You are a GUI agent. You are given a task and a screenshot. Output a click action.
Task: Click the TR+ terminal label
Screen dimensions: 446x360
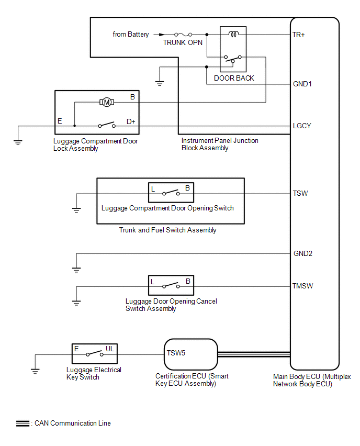click(299, 35)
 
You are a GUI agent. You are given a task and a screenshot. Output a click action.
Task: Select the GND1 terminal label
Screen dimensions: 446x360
click(302, 84)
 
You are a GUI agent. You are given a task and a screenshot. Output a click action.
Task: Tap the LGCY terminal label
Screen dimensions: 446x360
click(303, 126)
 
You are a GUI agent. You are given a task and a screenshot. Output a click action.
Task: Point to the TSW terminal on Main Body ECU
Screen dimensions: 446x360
click(300, 194)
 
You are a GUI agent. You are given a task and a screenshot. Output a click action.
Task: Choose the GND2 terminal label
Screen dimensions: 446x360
click(303, 254)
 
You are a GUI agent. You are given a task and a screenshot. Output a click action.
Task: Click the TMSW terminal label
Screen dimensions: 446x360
click(303, 286)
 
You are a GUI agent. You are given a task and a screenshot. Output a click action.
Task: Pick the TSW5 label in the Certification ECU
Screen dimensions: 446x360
click(176, 353)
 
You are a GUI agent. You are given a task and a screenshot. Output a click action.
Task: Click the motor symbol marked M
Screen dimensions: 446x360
click(107, 102)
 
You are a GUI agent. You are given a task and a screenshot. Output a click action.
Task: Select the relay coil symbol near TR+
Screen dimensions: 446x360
click(233, 35)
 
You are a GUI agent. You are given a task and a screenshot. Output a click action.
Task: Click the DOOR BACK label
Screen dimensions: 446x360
click(234, 78)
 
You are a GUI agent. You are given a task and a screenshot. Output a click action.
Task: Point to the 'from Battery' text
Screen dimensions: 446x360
click(131, 35)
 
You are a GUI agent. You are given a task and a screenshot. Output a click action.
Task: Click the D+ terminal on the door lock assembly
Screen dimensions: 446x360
click(131, 121)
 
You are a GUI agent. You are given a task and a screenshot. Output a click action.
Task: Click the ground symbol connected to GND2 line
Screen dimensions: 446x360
click(76, 270)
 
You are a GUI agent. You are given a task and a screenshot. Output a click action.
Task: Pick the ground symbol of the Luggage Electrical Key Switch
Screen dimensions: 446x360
click(35, 371)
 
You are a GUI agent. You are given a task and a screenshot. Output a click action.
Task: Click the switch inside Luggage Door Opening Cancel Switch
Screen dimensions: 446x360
click(171, 286)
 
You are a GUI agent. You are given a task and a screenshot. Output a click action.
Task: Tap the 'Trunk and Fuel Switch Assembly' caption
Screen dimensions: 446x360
click(167, 230)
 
